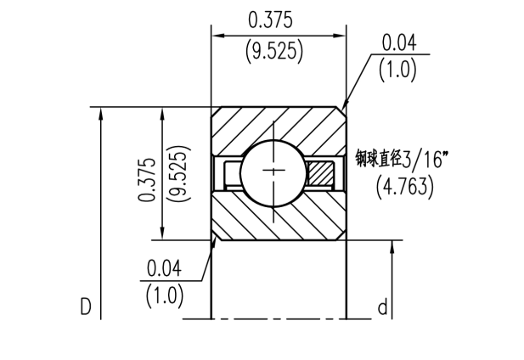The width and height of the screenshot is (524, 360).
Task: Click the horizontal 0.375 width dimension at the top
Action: [x=270, y=20]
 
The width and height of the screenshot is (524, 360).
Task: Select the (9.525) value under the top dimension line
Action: [x=274, y=52]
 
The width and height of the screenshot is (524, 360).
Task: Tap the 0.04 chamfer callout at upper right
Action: [x=399, y=42]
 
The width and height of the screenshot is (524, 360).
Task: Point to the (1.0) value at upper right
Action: [x=397, y=70]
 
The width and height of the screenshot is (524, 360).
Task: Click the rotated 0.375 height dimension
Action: [x=147, y=179]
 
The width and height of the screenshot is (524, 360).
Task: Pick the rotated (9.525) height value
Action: [x=180, y=173]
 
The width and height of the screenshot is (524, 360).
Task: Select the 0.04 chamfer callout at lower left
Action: [x=164, y=268]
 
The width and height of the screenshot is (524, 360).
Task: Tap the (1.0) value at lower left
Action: [x=165, y=295]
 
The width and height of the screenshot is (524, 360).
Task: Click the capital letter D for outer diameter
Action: [x=86, y=307]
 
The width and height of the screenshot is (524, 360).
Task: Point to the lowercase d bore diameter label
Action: [x=383, y=307]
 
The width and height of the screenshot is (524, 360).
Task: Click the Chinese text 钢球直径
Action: [x=378, y=158]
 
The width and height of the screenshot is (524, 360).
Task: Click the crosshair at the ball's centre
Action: [x=273, y=171]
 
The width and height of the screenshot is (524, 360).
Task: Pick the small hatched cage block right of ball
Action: [x=321, y=172]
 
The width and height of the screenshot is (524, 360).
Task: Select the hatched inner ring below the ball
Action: [x=279, y=216]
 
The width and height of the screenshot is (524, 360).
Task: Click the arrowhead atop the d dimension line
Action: [x=392, y=247]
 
